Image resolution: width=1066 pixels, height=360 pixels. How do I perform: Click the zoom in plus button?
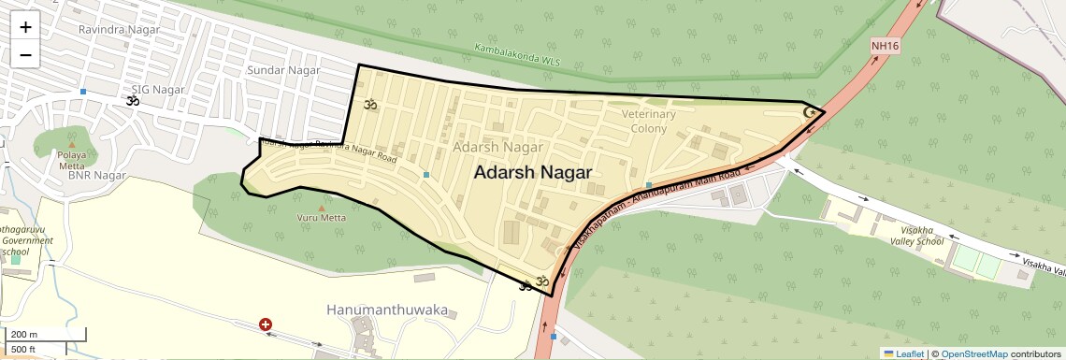[x=25, y=27]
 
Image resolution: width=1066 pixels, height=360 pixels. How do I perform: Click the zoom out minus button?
[x=25, y=54]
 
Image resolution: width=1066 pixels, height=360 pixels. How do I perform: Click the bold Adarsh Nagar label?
[x=533, y=173]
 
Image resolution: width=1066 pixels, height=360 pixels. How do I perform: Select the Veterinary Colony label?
[x=648, y=121]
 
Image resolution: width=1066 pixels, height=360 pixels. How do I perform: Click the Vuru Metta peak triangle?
[x=322, y=208]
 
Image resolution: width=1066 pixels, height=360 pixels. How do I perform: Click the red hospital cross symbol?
[x=266, y=324]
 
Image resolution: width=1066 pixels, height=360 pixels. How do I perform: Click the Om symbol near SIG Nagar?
[x=131, y=98]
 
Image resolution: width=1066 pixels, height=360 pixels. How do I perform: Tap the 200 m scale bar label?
[x=24, y=335]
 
